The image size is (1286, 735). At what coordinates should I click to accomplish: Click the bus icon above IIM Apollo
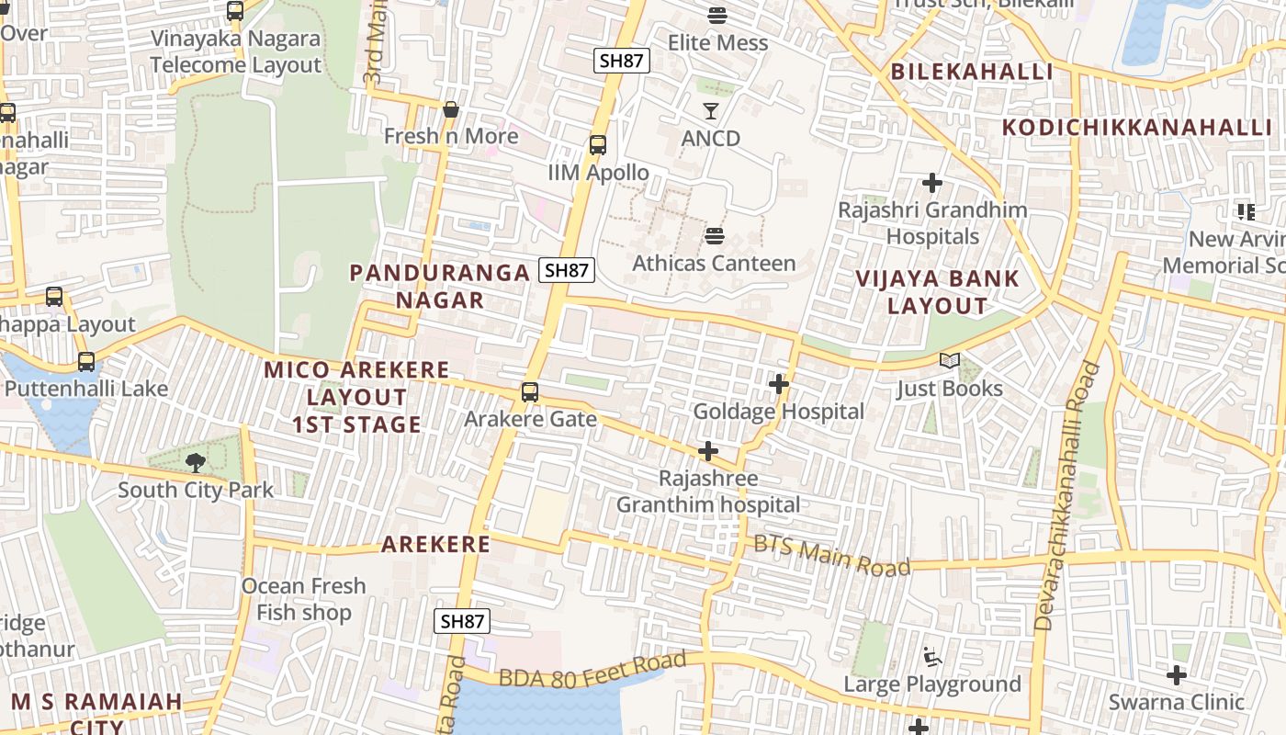(x=598, y=145)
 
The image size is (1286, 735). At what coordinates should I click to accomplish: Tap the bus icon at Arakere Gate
(x=530, y=392)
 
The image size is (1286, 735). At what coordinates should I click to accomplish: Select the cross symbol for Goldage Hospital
(x=779, y=384)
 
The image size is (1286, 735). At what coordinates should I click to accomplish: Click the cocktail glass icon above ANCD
(x=710, y=111)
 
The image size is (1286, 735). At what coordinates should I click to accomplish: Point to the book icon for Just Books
(x=949, y=362)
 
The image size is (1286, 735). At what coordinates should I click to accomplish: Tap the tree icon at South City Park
(x=195, y=462)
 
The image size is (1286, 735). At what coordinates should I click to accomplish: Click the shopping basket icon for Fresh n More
(x=450, y=109)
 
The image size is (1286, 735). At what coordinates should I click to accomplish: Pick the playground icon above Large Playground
(x=931, y=657)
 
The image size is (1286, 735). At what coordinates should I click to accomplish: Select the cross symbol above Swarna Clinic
(x=1176, y=675)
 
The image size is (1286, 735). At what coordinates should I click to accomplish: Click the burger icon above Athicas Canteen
(x=715, y=236)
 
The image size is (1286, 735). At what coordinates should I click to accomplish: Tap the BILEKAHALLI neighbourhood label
(x=972, y=72)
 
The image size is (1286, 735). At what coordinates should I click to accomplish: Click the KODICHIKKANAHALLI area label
(x=1136, y=128)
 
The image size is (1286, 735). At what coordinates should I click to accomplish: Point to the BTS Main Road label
(x=831, y=555)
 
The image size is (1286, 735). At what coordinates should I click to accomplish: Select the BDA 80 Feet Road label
(x=592, y=670)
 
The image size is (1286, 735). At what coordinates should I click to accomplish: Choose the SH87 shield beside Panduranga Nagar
(x=567, y=270)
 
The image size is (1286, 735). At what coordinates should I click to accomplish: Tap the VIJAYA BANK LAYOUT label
(x=937, y=292)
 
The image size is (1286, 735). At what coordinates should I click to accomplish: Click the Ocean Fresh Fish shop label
(x=303, y=599)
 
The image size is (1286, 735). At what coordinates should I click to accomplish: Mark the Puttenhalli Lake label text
(x=86, y=389)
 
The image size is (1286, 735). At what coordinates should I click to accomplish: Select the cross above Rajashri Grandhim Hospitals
(x=932, y=183)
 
